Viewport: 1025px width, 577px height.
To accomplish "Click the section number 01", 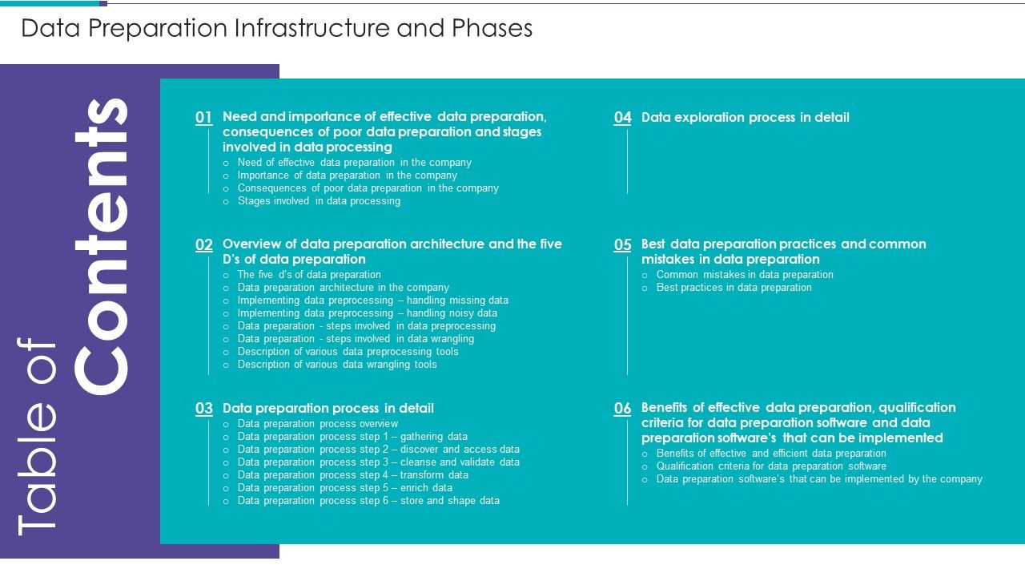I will [x=204, y=118].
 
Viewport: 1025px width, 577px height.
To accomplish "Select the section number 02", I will [x=204, y=245].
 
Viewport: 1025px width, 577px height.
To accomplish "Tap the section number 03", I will [x=204, y=409].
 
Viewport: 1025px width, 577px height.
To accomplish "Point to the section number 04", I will [x=623, y=118].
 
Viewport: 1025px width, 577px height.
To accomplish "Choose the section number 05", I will [x=623, y=245].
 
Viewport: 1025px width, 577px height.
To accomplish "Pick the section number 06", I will [x=623, y=409].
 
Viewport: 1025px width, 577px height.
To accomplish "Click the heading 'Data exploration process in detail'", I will [x=745, y=118].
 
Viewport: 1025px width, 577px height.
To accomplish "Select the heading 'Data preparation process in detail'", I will [x=328, y=409].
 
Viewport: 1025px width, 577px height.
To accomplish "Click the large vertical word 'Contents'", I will [x=102, y=246].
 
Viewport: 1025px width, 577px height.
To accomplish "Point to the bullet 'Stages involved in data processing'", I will [x=319, y=201].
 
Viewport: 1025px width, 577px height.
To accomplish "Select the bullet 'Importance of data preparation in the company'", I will [x=347, y=176].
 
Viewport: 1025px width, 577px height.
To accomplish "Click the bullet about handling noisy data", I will [x=367, y=313].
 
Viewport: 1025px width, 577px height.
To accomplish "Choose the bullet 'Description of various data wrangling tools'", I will [x=337, y=365].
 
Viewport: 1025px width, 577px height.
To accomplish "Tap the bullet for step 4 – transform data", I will [x=352, y=475].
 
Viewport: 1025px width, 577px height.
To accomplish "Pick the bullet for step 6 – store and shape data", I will [x=368, y=501].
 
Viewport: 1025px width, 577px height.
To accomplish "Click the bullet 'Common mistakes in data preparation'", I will [x=745, y=275].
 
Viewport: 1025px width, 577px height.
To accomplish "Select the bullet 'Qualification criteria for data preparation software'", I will [x=771, y=466].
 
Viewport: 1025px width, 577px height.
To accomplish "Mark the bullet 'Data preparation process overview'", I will [x=317, y=424].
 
